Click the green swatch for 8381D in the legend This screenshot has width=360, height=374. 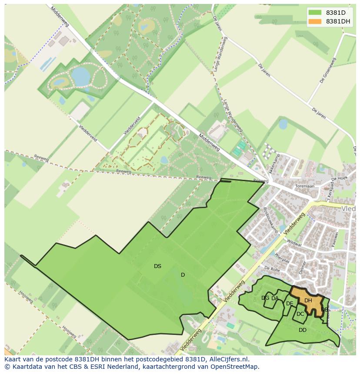315,13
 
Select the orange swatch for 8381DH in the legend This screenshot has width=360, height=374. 315,21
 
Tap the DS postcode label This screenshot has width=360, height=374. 157,266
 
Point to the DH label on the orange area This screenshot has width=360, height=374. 308,300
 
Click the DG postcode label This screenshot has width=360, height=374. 265,298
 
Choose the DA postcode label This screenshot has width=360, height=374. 275,298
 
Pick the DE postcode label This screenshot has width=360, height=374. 290,304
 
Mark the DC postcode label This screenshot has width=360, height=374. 300,314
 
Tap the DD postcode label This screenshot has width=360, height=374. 303,330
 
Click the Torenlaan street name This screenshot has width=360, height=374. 304,185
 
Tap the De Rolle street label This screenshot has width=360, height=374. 272,269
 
